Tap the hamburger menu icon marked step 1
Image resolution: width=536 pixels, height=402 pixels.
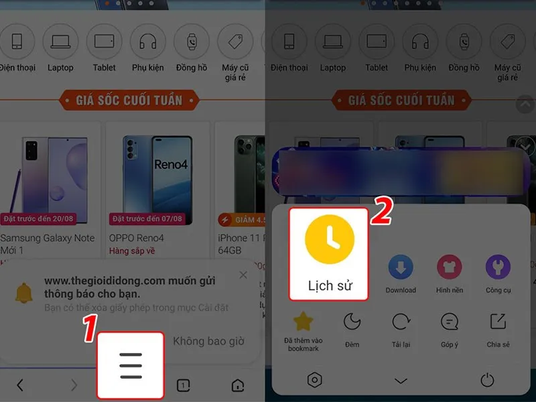pyautogui.click(x=131, y=365)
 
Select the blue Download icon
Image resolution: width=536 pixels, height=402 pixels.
pyautogui.click(x=400, y=267)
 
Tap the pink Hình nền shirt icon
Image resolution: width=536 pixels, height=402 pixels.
pyautogui.click(x=449, y=267)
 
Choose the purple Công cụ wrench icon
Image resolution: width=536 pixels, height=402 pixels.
pyautogui.click(x=498, y=267)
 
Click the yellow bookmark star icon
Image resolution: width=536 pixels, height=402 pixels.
pyautogui.click(x=304, y=322)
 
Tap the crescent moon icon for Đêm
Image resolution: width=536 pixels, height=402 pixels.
pyautogui.click(x=352, y=322)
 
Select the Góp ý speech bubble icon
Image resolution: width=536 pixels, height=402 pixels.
pyautogui.click(x=449, y=322)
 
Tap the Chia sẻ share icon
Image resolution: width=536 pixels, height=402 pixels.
pyautogui.click(x=498, y=322)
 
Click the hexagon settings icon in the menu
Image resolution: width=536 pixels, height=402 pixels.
pyautogui.click(x=314, y=380)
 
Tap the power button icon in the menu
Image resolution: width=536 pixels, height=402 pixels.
pyautogui.click(x=487, y=380)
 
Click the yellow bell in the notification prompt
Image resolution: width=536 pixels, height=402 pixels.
pyautogui.click(x=23, y=292)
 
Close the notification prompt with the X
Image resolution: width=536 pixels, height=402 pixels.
pyautogui.click(x=243, y=275)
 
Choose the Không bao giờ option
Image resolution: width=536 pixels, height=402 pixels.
pyautogui.click(x=208, y=341)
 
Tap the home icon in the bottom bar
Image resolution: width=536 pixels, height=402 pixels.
pyautogui.click(x=237, y=385)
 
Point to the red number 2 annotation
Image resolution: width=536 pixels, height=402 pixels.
pyautogui.click(x=381, y=210)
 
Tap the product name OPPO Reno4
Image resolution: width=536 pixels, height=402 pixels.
pyautogui.click(x=137, y=238)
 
